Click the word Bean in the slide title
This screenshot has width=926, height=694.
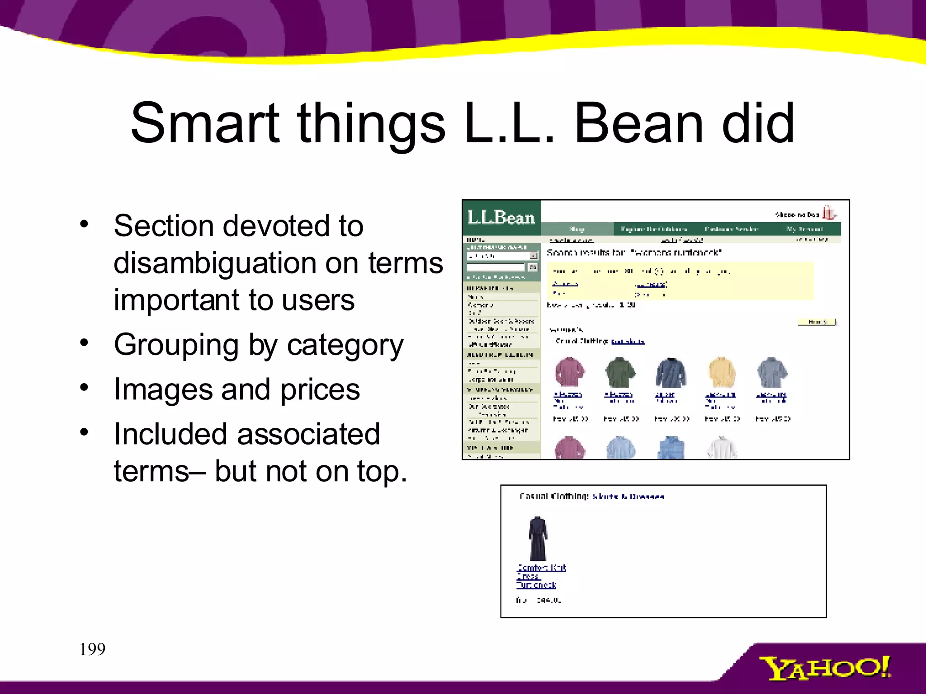pyautogui.click(x=638, y=123)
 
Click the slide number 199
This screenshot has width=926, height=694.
pyautogui.click(x=92, y=650)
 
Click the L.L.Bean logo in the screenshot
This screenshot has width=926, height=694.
pyautogui.click(x=501, y=217)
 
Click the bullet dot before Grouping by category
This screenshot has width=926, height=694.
pyautogui.click(x=84, y=342)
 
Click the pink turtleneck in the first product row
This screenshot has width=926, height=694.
pyautogui.click(x=569, y=373)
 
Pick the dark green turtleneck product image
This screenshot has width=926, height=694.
pyautogui.click(x=620, y=373)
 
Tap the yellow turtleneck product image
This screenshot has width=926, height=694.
pyautogui.click(x=721, y=373)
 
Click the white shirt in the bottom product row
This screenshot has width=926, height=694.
pyautogui.click(x=721, y=448)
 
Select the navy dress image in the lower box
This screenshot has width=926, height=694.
pyautogui.click(x=538, y=539)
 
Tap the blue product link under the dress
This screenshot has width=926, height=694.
pyautogui.click(x=540, y=576)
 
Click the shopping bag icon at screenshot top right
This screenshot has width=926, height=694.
pyautogui.click(x=828, y=212)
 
